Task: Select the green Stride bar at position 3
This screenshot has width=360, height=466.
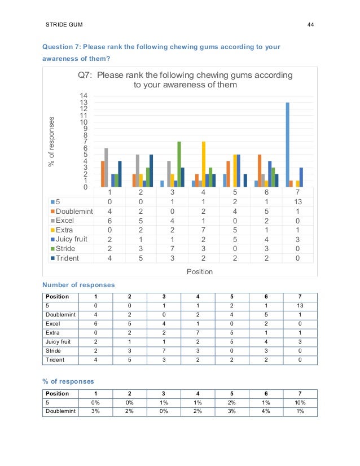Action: [x=179, y=164]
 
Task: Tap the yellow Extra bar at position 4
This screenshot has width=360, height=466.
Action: [x=203, y=164]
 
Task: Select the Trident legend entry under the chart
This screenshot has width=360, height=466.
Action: [x=67, y=258]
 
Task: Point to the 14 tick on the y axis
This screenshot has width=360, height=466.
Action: [x=84, y=96]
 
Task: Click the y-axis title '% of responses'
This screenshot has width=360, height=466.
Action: [x=52, y=142]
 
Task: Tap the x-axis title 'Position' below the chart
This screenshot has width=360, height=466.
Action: [x=200, y=271]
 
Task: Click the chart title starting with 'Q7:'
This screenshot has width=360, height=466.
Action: [x=185, y=80]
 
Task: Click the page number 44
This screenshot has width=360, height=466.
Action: [x=310, y=25]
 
